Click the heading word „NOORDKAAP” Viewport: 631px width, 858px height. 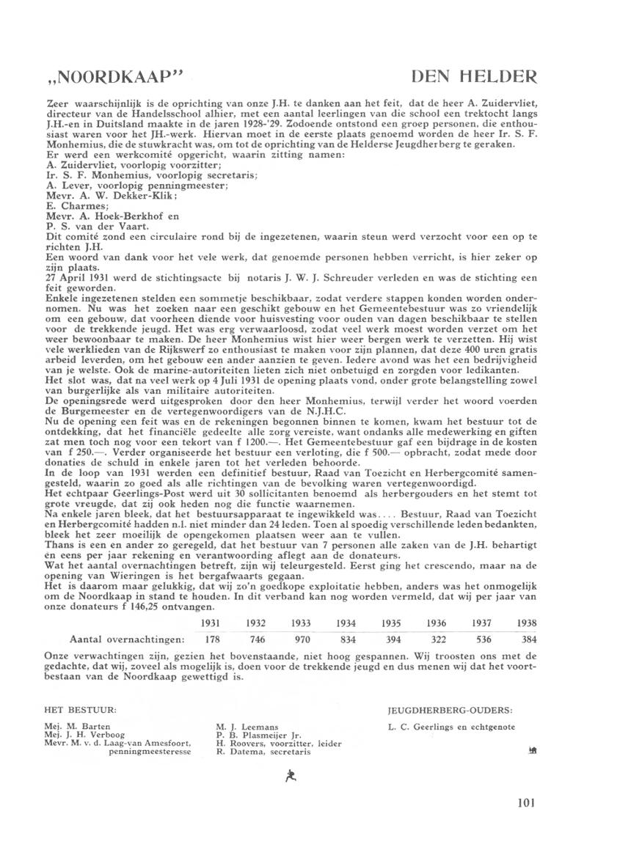[x=113, y=77]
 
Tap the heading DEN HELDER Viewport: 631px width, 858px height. [x=475, y=77]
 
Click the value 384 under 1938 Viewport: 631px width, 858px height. [x=528, y=640]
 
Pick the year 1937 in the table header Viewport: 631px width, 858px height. [x=481, y=622]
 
